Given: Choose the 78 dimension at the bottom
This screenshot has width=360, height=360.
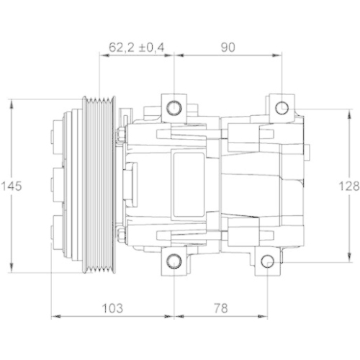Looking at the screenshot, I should [220, 307].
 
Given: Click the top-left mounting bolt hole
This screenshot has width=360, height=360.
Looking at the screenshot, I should [174, 109].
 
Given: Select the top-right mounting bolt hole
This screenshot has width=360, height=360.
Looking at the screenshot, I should [282, 109].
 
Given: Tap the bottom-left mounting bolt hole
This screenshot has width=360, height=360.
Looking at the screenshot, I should [174, 261].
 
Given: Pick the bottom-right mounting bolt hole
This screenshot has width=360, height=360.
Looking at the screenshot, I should [267, 261].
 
